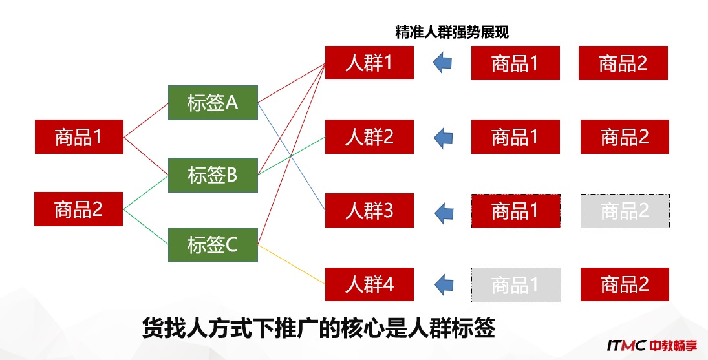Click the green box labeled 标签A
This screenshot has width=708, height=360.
[213, 103]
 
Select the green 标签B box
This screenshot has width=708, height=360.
[213, 175]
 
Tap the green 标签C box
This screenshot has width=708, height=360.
[213, 245]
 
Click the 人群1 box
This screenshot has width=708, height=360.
[369, 63]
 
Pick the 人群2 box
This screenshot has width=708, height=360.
[369, 136]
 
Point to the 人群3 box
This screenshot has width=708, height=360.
[369, 211]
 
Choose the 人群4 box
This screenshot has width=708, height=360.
[369, 284]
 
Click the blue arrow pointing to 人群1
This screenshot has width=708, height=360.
[442, 62]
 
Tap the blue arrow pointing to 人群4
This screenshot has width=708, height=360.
[444, 284]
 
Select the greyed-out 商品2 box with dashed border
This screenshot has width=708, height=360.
[625, 211]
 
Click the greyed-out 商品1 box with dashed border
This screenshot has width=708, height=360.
[516, 284]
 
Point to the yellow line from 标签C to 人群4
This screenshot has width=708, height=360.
[292, 264]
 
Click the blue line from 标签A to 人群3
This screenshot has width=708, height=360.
[292, 156]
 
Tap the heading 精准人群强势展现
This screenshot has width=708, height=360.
[452, 32]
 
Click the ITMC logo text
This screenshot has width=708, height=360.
[627, 346]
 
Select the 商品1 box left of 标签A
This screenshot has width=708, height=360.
[79, 136]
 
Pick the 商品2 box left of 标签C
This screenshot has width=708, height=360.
[79, 209]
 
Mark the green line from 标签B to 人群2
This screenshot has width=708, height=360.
[292, 156]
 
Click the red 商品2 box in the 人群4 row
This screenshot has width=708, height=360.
[625, 284]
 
